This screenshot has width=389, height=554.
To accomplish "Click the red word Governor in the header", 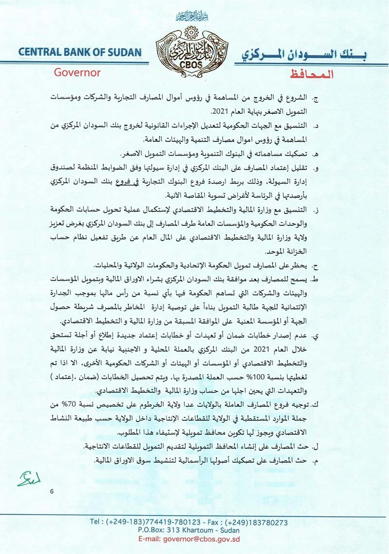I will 77,72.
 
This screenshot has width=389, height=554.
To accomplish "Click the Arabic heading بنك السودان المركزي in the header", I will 304,54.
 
